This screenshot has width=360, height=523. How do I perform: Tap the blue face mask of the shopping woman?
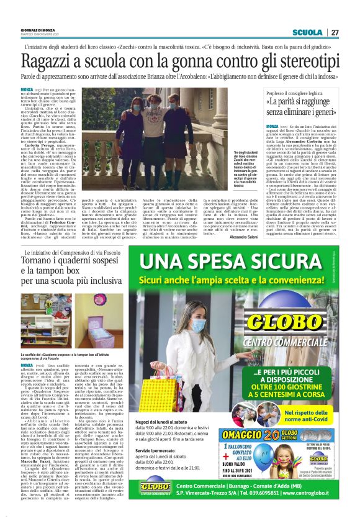tap(199, 325)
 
